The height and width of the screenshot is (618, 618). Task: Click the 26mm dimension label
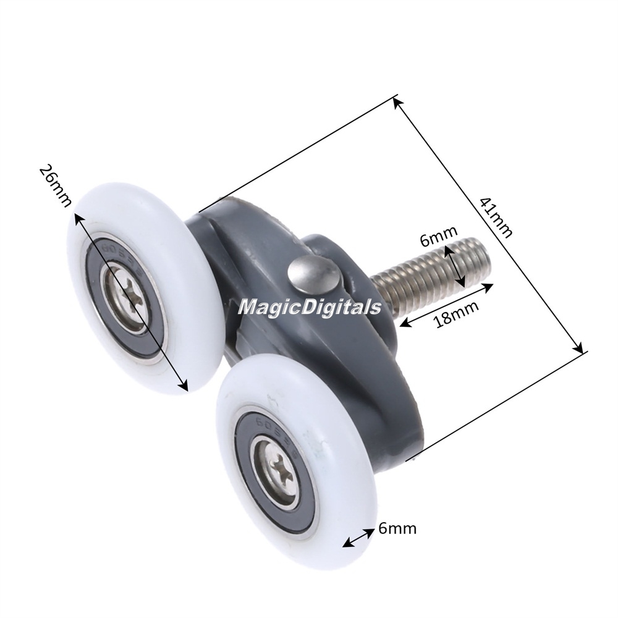coord(56,185)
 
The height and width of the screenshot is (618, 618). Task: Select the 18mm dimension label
coord(456,314)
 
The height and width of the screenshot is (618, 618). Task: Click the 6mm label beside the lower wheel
coord(397,528)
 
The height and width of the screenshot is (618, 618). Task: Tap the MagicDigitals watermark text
coord(310,307)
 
